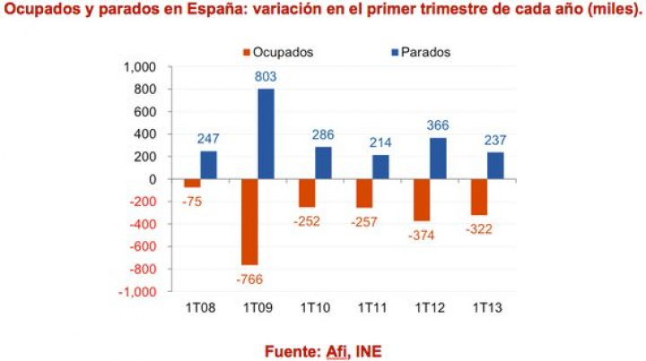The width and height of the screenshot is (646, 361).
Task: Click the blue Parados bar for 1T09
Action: coord(266,133)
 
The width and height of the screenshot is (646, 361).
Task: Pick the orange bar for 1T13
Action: coord(479,197)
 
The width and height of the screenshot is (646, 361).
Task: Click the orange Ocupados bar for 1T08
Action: coord(192,184)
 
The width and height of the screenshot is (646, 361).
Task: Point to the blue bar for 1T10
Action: coord(323,163)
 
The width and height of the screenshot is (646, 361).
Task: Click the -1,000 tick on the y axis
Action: coord(138,292)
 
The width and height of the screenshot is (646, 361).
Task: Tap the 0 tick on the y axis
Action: coord(153,179)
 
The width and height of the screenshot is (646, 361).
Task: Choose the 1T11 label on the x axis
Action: coord(371,307)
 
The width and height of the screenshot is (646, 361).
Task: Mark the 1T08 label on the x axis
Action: coord(199,307)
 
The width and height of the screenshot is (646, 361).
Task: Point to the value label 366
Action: coord(438,126)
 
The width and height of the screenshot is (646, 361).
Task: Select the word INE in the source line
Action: coord(365,350)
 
